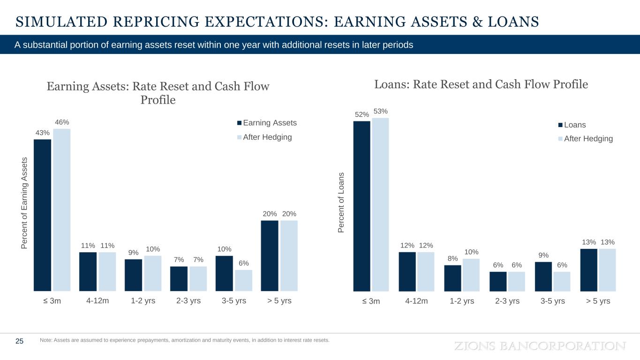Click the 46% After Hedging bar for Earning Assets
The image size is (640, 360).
click(x=62, y=210)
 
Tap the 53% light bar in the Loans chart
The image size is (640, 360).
click(x=380, y=204)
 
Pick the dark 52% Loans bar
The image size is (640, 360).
click(x=361, y=206)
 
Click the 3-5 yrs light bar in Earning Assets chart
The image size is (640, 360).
click(x=243, y=280)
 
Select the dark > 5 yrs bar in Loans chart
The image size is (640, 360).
click(x=589, y=270)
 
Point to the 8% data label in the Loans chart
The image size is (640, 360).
click(x=452, y=258)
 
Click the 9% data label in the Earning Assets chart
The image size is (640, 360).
click(x=134, y=253)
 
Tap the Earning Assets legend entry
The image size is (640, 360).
click(x=266, y=123)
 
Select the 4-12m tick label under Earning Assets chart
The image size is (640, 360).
click(x=98, y=301)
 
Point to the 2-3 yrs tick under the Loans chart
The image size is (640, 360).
click(x=507, y=301)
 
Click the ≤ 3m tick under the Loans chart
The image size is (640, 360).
click(x=371, y=301)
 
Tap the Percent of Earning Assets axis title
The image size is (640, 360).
click(x=26, y=203)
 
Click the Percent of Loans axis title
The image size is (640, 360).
click(x=341, y=202)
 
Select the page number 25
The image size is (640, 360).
click(x=20, y=341)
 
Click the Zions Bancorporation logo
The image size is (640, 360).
click(x=540, y=346)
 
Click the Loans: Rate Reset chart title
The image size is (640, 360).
click(x=481, y=84)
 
